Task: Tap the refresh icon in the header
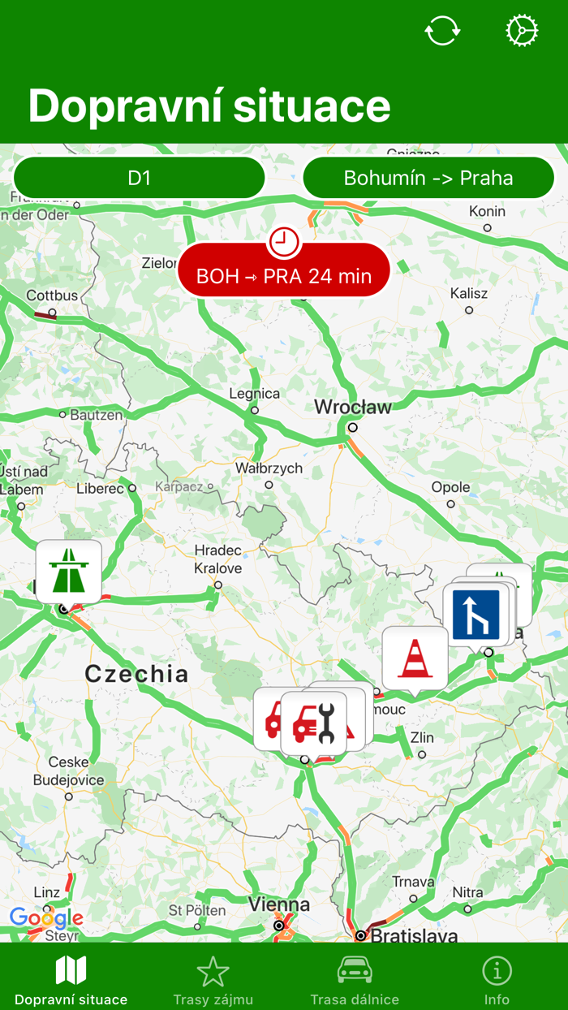tap(442, 32)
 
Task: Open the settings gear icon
tap(522, 32)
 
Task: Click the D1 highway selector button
tap(140, 178)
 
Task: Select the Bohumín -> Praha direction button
tap(428, 178)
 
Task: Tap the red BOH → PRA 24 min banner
tap(284, 275)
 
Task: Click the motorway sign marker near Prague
tap(69, 571)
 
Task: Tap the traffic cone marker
tap(415, 658)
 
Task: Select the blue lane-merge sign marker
tap(475, 615)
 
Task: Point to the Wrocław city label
tap(353, 407)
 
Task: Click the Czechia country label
tap(136, 673)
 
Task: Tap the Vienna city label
tap(279, 904)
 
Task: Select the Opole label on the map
tap(450, 487)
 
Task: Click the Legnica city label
tap(255, 394)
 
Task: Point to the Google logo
tap(46, 918)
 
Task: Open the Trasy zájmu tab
tap(213, 980)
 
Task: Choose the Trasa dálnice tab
tap(355, 980)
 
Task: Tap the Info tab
tap(497, 980)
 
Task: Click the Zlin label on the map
tap(422, 738)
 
